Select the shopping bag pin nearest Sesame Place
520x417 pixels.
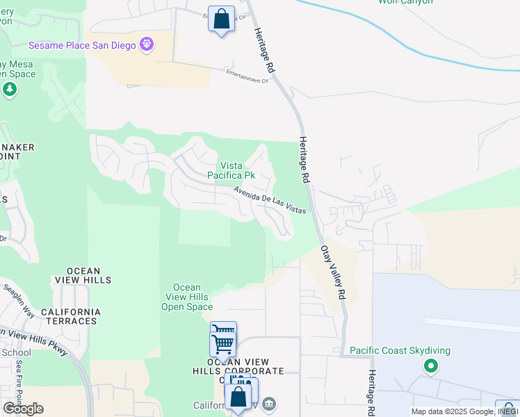pos(221,20)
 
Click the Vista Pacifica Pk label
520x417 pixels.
pos(237,170)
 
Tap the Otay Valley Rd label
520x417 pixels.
pos(333,272)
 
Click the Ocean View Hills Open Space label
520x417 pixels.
pos(186,297)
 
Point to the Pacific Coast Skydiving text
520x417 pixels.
pos(400,350)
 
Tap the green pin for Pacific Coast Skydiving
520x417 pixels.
pos(431,365)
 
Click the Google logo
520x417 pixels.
pos(23,409)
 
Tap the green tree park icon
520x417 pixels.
pos(9,89)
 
